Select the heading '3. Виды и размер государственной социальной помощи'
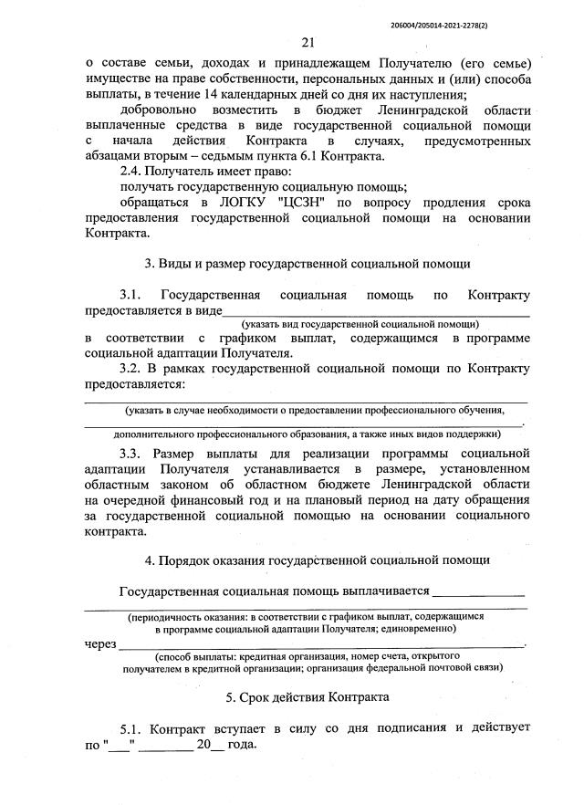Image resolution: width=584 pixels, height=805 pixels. coord(308,265)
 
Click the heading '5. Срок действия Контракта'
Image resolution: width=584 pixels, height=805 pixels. coord(308,697)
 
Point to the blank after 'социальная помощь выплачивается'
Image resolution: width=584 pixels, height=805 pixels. coord(479,593)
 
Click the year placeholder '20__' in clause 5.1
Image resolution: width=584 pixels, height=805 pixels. coord(210,744)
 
